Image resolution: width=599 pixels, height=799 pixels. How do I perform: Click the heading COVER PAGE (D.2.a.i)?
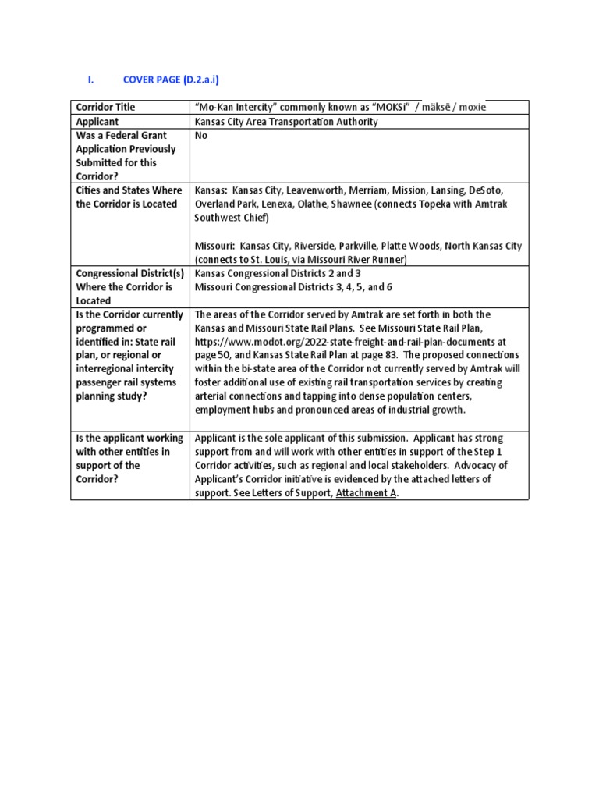click(176, 80)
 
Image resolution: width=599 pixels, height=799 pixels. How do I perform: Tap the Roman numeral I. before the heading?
click(90, 80)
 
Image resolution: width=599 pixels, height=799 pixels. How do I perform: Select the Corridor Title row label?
click(105, 107)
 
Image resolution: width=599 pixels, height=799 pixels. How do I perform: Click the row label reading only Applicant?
click(97, 122)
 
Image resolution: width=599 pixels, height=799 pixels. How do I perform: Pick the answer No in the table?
click(201, 136)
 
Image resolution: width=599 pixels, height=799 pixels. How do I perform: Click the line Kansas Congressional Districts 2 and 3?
click(278, 274)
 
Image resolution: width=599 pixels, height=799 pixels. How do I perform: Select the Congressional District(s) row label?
click(129, 274)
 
